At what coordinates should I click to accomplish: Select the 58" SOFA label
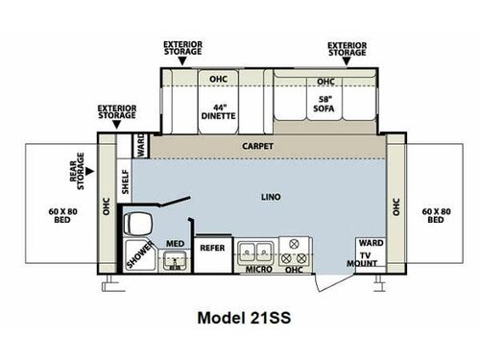(324, 104)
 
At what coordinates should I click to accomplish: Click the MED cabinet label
(175, 244)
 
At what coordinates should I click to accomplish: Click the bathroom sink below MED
(175, 260)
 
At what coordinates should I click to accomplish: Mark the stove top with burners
(298, 252)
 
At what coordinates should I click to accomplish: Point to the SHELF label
(125, 181)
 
